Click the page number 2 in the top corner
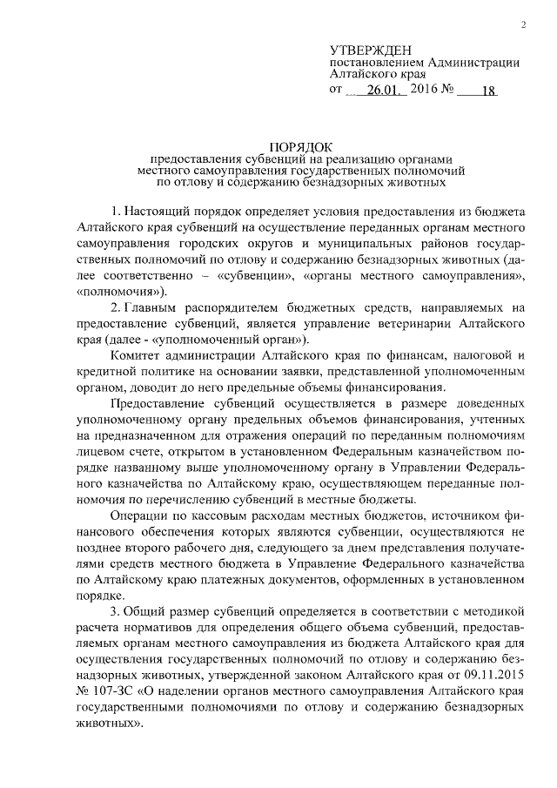click(524, 25)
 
